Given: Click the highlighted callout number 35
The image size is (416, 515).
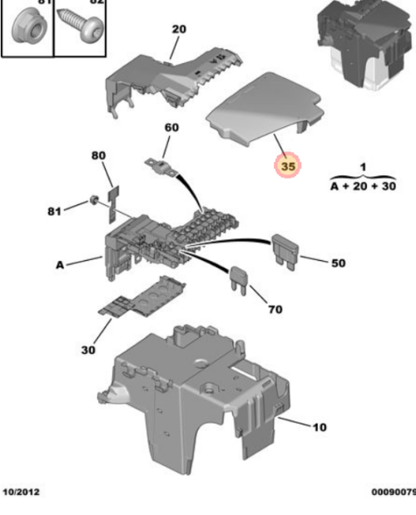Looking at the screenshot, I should [x=288, y=167].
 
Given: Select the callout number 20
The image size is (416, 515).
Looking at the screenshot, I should [x=179, y=29].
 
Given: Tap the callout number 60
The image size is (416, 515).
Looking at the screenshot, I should [x=171, y=127].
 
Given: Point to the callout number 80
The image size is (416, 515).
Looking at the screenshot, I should [x=99, y=155].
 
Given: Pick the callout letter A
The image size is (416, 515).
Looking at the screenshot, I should [x=60, y=266].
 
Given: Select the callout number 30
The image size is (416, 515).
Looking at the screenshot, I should [x=88, y=350].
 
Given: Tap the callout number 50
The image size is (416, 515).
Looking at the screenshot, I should [x=338, y=263].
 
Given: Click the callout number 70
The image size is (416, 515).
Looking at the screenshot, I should [x=275, y=309].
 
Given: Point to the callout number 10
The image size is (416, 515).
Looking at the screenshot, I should [x=319, y=428].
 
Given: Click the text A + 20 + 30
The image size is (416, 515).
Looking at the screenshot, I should [x=363, y=187].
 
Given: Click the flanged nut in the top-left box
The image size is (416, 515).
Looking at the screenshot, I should [x=25, y=29].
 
